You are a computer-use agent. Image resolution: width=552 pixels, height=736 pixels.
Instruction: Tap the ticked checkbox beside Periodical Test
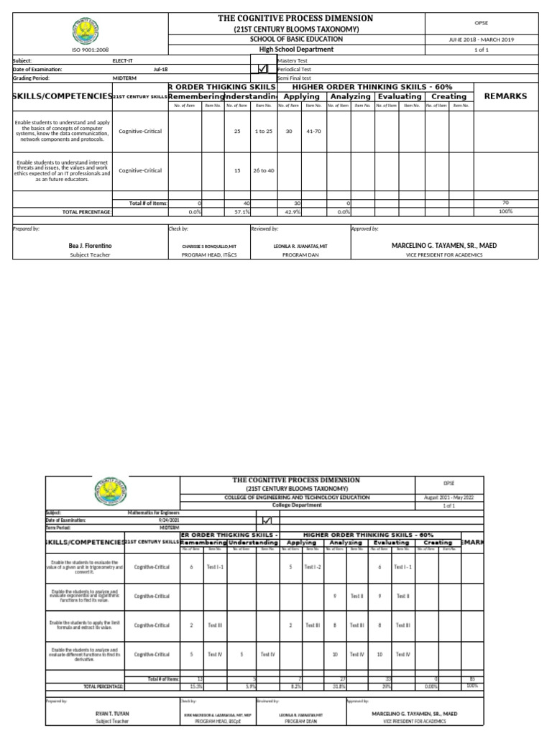[x=263, y=69]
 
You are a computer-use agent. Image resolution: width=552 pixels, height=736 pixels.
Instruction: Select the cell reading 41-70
[x=313, y=132]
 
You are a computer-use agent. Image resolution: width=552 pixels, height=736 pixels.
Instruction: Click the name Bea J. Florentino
[x=90, y=246]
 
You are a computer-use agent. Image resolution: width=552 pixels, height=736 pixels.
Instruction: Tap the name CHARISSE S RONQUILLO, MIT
[x=208, y=246]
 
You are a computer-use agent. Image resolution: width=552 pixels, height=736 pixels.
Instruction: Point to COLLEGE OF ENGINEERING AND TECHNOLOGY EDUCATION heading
[x=297, y=497]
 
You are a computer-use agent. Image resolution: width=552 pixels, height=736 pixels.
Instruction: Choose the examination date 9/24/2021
[x=165, y=520]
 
